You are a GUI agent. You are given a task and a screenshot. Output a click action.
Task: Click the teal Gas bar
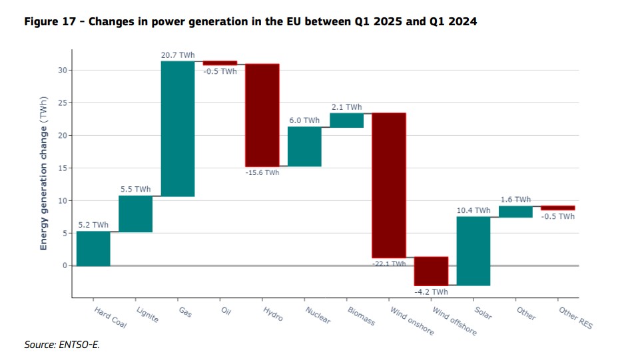177,128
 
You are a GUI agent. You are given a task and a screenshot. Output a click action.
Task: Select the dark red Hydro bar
262,115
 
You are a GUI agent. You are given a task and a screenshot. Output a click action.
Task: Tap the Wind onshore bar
389,185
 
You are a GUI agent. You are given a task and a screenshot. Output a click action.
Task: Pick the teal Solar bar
473,251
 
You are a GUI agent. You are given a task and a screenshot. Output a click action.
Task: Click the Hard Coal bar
93,248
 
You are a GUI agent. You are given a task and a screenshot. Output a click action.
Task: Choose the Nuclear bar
304,146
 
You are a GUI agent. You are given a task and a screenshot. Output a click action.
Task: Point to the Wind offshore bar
431,271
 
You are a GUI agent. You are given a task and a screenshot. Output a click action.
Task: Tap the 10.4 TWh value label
473,210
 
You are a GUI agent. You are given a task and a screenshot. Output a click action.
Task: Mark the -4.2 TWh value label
430,291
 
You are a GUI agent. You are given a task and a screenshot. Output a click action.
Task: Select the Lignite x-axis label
147,314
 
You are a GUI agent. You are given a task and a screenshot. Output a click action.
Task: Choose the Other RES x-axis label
575,318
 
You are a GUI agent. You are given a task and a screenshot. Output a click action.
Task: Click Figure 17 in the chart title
49,21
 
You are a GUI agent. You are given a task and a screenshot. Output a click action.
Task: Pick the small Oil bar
220,63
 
